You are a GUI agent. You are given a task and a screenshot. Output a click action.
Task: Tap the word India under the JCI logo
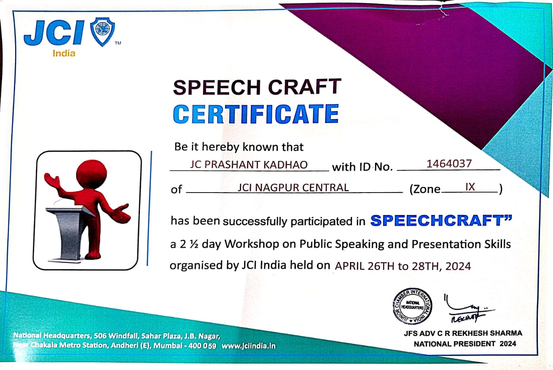tap(64, 53)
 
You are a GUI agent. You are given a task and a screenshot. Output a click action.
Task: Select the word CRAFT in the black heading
tap(305, 87)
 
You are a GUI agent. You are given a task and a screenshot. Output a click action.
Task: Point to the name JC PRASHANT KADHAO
tap(248, 164)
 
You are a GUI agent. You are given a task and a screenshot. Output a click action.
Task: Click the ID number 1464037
tap(449, 164)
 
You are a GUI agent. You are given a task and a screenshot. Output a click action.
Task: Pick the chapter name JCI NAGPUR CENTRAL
tap(293, 188)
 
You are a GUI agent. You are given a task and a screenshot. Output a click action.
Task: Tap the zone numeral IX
tap(470, 187)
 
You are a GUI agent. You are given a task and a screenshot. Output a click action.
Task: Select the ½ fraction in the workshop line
tap(194, 244)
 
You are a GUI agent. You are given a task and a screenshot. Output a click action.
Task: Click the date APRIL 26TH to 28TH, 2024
tap(403, 266)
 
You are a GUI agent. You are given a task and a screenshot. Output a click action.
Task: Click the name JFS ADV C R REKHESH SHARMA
tap(463, 333)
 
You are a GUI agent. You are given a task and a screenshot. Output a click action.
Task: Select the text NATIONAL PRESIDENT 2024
tap(465, 344)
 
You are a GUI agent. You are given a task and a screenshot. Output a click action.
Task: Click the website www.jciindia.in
tap(248, 346)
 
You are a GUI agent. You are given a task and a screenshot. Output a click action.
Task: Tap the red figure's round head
tap(92, 174)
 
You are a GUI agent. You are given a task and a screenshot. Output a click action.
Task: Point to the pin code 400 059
tap(202, 345)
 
